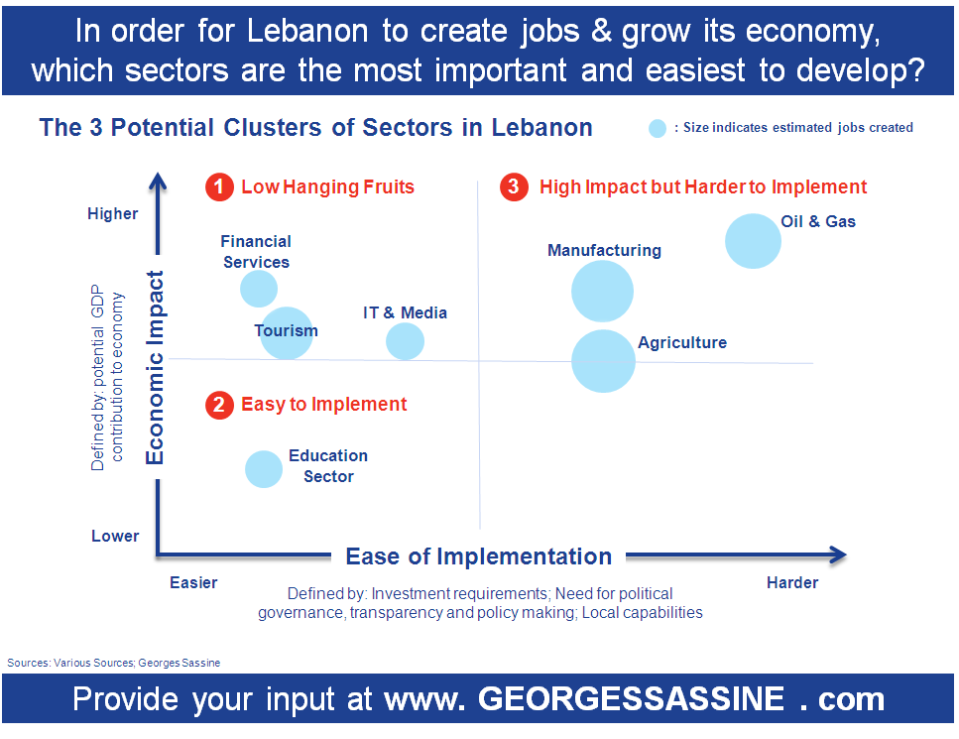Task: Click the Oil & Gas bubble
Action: [753, 241]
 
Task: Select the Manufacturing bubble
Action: [602, 292]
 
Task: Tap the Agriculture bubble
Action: [604, 361]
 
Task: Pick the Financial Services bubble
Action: [259, 289]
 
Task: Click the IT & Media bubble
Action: [405, 341]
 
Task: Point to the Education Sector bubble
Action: [264, 469]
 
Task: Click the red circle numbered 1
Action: [219, 186]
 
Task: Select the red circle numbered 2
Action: [219, 405]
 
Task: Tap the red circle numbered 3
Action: [515, 186]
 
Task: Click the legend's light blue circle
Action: [658, 129]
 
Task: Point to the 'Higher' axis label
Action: [112, 213]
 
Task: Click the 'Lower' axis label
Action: [115, 536]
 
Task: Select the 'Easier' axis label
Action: [193, 582]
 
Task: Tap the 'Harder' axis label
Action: [792, 582]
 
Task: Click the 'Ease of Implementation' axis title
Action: [479, 556]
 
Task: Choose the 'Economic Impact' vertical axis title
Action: [155, 368]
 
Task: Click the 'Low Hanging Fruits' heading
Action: [328, 186]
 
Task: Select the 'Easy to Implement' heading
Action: [324, 405]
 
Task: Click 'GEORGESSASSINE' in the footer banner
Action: [631, 698]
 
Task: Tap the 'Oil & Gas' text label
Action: [818, 221]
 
